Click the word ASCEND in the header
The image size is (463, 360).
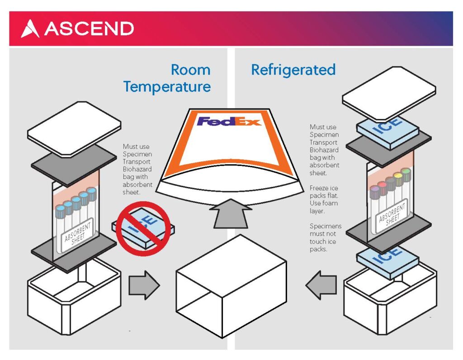(x=89, y=29)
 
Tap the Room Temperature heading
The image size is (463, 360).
(x=167, y=78)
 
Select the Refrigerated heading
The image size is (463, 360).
(x=293, y=70)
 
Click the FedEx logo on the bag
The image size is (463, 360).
(x=229, y=121)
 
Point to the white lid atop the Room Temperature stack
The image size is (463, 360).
(x=74, y=122)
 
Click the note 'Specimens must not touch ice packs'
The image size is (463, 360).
(x=325, y=237)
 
